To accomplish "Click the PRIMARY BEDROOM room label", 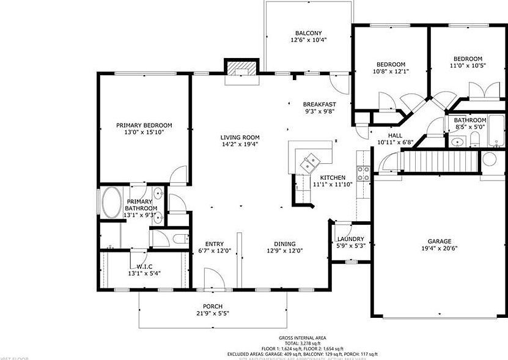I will tap(144, 125).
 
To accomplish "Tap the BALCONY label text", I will tap(308, 33).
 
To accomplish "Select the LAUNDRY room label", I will tap(351, 239).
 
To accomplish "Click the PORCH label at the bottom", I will tap(213, 306).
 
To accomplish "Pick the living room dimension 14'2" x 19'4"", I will tap(240, 145).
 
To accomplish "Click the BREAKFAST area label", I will tap(320, 104).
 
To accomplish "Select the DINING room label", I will tap(285, 243).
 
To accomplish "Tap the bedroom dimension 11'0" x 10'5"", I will tap(468, 66).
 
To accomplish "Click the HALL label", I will tap(395, 135).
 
